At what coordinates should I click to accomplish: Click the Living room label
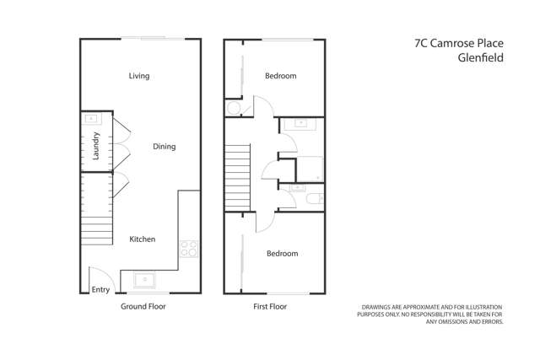point(139,76)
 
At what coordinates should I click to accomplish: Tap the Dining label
point(164,147)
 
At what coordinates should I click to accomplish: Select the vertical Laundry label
point(97,146)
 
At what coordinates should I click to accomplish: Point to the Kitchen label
point(142,239)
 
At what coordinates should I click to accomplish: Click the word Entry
point(100,290)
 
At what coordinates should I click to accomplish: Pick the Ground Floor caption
point(143,307)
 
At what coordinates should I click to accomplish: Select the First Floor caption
point(270,307)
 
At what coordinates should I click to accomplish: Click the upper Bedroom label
point(281,76)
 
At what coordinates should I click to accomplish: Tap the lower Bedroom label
point(282,254)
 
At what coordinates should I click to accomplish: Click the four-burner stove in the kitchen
point(188,249)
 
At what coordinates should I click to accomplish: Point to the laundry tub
point(92,119)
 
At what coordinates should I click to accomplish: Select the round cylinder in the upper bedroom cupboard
point(234,109)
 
